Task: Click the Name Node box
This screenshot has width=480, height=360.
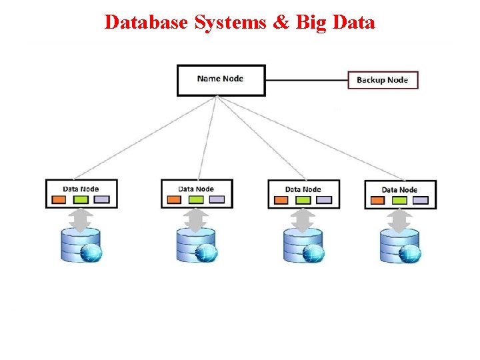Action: click(x=221, y=80)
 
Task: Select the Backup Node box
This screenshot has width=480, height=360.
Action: click(x=382, y=80)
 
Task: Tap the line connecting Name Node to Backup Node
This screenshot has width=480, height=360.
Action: click(x=306, y=80)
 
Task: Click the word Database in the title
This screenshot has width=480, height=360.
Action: click(x=147, y=22)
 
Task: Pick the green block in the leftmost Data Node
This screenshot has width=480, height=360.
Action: click(x=81, y=199)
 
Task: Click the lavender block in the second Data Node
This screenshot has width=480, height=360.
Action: click(x=217, y=199)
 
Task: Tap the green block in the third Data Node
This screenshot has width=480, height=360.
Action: click(x=303, y=199)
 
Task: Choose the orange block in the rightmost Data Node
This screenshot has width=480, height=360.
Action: click(x=378, y=200)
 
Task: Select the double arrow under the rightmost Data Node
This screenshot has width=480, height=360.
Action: click(x=399, y=220)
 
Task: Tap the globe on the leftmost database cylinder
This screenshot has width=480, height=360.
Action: click(x=91, y=253)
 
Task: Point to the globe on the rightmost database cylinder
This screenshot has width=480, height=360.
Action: click(x=410, y=253)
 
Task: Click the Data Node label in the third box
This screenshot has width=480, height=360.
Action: click(x=303, y=189)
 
